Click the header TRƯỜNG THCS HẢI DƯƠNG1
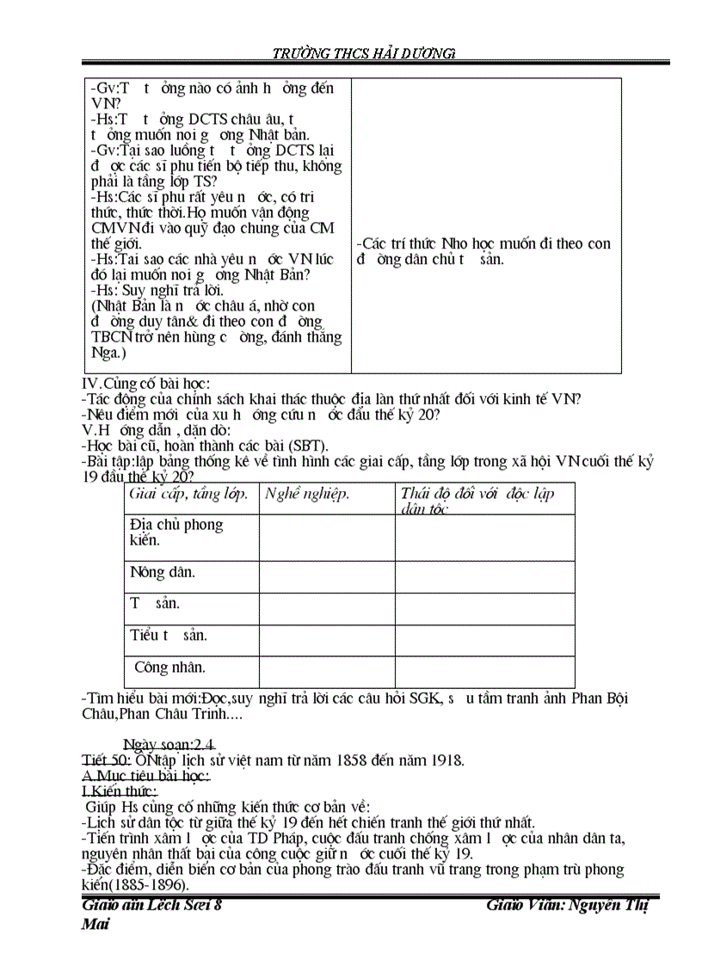click(x=364, y=53)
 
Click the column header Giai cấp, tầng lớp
click(x=188, y=494)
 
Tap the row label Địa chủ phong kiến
click(x=175, y=532)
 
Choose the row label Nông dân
click(x=163, y=572)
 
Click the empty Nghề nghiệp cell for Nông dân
click(x=327, y=576)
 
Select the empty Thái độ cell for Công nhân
click(x=484, y=672)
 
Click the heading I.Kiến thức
click(x=120, y=791)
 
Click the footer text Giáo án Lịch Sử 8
click(x=152, y=906)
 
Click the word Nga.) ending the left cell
click(x=108, y=353)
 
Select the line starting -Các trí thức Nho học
click(x=483, y=243)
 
